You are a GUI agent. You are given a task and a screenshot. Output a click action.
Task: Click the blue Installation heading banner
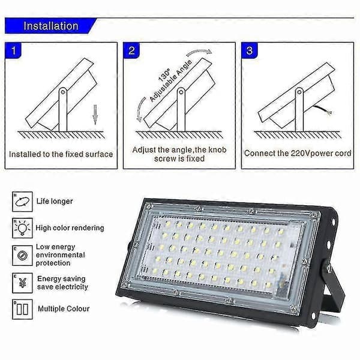(50, 26)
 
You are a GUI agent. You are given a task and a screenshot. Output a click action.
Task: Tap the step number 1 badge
(14, 50)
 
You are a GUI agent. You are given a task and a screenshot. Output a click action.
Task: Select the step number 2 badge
(131, 50)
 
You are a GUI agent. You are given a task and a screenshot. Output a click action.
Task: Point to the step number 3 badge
(250, 50)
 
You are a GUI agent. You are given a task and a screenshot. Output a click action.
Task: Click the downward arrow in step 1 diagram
(95, 115)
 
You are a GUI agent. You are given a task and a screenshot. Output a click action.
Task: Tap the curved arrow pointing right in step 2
(199, 52)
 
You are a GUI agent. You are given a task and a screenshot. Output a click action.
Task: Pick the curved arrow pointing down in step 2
(140, 110)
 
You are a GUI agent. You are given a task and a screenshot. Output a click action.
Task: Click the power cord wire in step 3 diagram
(322, 110)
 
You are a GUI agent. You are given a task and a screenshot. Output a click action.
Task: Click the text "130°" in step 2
(164, 75)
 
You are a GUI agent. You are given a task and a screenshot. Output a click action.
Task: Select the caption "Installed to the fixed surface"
(61, 154)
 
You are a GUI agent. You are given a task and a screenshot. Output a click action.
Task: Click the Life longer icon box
(22, 202)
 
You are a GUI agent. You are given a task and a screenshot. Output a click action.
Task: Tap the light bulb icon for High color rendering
(22, 228)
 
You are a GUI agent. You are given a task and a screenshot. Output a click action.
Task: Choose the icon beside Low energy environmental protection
(22, 256)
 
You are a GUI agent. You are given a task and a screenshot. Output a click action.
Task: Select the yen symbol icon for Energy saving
(22, 283)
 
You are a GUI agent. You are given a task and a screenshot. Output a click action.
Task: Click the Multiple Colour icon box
(22, 309)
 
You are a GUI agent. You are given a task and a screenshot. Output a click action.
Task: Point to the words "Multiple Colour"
(64, 309)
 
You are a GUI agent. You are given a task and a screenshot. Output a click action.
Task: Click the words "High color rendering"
(70, 228)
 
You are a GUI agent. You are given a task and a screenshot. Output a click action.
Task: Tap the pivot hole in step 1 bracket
(62, 92)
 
